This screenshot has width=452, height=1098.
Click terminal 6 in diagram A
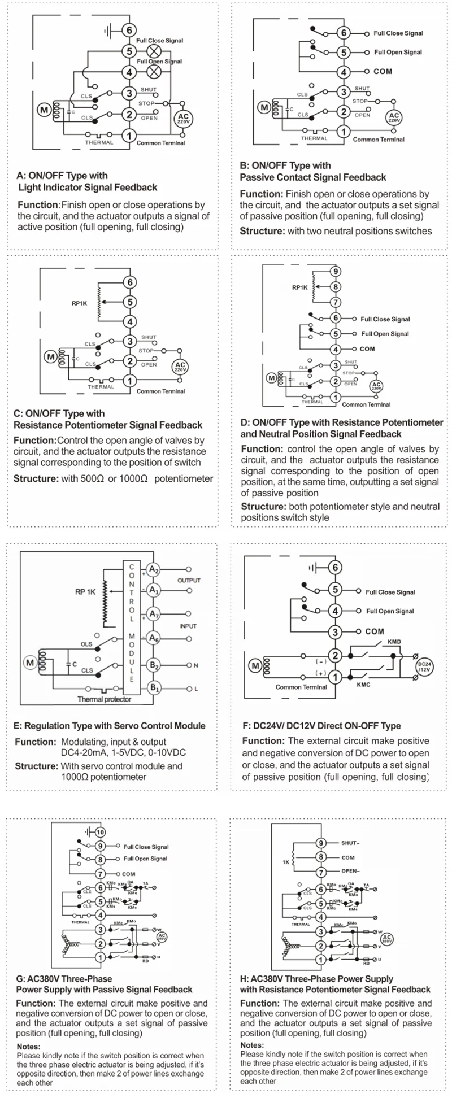tap(129, 30)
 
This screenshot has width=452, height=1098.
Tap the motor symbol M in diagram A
tap(44, 110)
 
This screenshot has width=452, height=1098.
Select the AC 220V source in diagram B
tap(394, 118)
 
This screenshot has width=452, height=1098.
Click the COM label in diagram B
tap(383, 72)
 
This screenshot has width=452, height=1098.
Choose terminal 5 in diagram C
tap(130, 302)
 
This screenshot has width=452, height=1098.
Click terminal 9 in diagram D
tap(335, 271)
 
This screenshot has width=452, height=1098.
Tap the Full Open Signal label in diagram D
tap(385, 334)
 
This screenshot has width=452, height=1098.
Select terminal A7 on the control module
tap(153, 613)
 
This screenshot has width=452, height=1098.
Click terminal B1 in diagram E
tap(153, 688)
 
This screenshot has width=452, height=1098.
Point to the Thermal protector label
tap(104, 699)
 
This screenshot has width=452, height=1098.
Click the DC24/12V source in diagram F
tap(424, 666)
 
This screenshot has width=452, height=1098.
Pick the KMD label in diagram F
tap(394, 643)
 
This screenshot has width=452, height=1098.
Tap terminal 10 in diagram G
tap(100, 832)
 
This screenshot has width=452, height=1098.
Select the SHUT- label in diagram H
tap(350, 843)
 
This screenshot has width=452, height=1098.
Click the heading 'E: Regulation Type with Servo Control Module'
tap(109, 726)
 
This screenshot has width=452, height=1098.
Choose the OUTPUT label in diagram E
tap(189, 580)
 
